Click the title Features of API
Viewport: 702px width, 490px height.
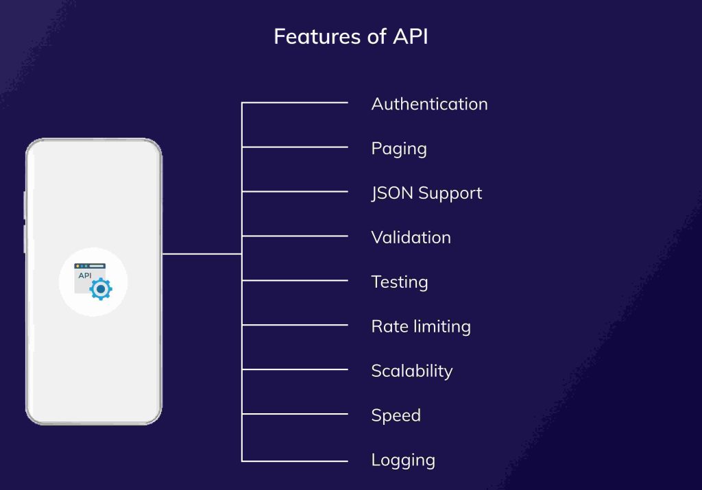click(350, 36)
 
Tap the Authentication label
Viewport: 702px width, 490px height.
click(429, 104)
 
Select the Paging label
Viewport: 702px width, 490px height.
click(399, 149)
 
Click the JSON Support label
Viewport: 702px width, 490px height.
click(426, 193)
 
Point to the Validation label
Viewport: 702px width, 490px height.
click(411, 238)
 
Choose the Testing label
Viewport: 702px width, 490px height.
click(399, 282)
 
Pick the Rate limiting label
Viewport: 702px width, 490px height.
click(420, 326)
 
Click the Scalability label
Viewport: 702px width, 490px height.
click(411, 371)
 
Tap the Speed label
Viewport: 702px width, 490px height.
click(396, 415)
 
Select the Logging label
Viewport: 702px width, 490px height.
click(403, 460)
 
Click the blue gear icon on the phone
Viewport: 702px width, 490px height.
click(101, 289)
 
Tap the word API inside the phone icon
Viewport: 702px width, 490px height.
click(85, 275)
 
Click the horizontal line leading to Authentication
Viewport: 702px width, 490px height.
click(295, 103)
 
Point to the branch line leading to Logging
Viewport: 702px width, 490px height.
click(295, 460)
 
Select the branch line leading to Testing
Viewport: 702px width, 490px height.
click(295, 280)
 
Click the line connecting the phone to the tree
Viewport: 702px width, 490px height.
click(202, 254)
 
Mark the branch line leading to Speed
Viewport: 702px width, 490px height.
click(295, 414)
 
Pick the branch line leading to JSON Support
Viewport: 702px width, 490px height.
click(295, 192)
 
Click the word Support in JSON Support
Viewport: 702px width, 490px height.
click(450, 193)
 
